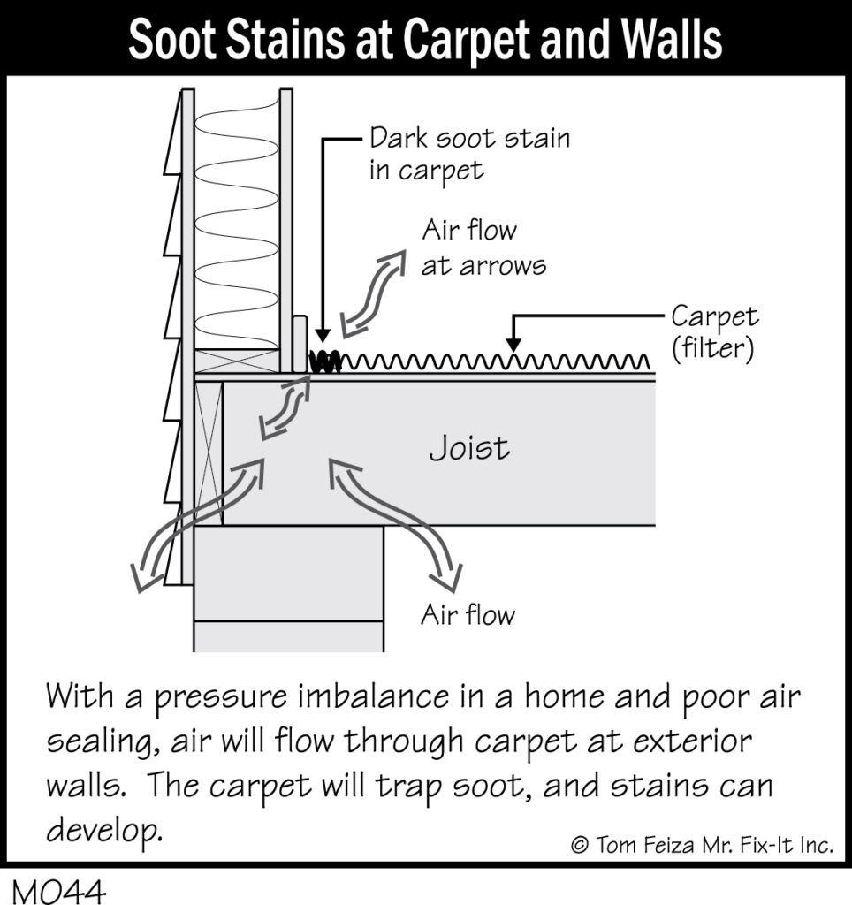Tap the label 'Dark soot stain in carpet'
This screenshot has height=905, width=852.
[468, 153]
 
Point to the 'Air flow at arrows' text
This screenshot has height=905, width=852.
[483, 247]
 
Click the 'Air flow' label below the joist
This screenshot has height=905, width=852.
[467, 614]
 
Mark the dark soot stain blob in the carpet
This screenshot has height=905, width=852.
[324, 361]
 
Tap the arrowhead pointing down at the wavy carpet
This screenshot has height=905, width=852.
[513, 346]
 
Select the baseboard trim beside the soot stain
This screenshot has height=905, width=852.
[300, 345]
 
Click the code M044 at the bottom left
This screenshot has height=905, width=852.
[59, 888]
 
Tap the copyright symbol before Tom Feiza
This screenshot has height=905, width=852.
[581, 845]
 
